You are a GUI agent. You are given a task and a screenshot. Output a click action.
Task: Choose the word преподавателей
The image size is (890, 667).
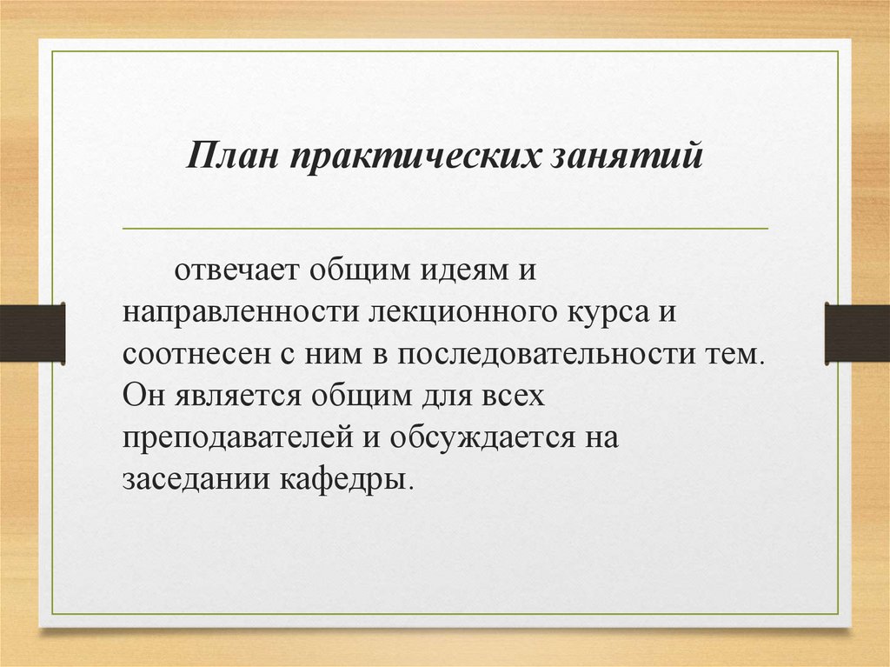pos(236,437)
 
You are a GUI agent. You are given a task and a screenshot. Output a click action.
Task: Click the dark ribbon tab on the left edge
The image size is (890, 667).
pos(32,333)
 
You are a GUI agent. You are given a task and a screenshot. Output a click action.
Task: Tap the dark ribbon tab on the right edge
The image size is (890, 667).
pos(857,333)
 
